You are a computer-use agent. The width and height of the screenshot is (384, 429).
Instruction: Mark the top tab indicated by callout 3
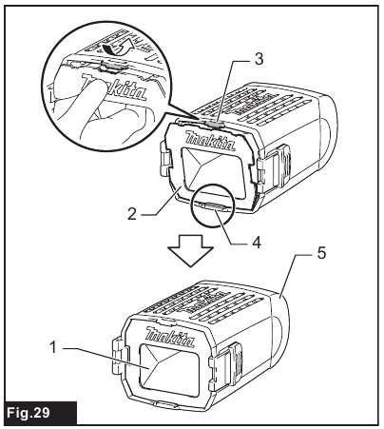214,122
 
